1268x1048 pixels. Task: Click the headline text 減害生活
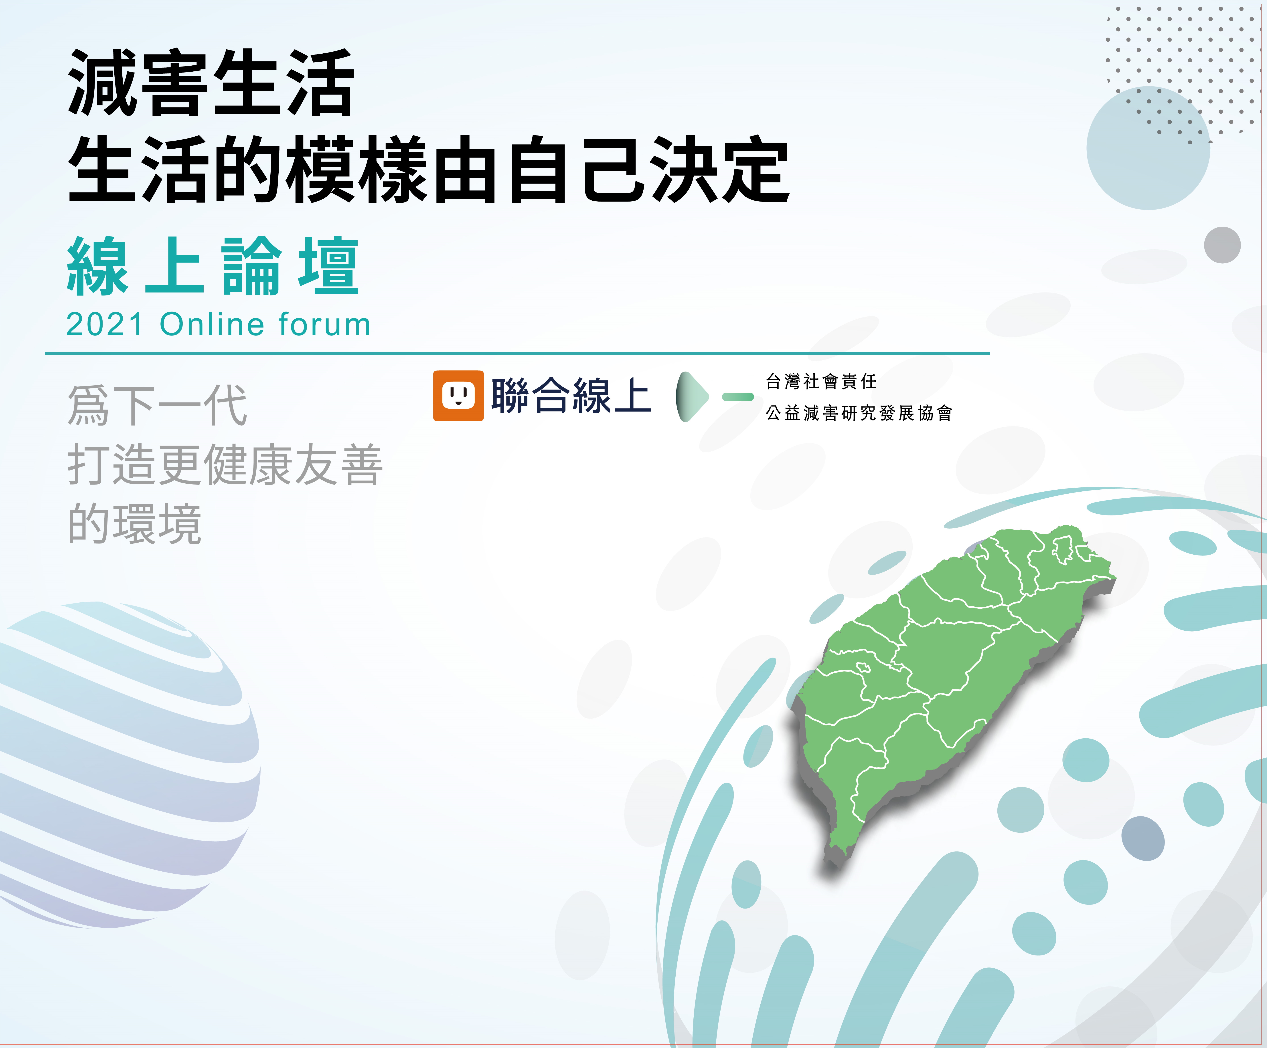click(211, 83)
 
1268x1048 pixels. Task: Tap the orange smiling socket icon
click(458, 395)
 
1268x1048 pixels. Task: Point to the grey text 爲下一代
click(158, 405)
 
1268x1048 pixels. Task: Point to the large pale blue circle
click(1148, 148)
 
